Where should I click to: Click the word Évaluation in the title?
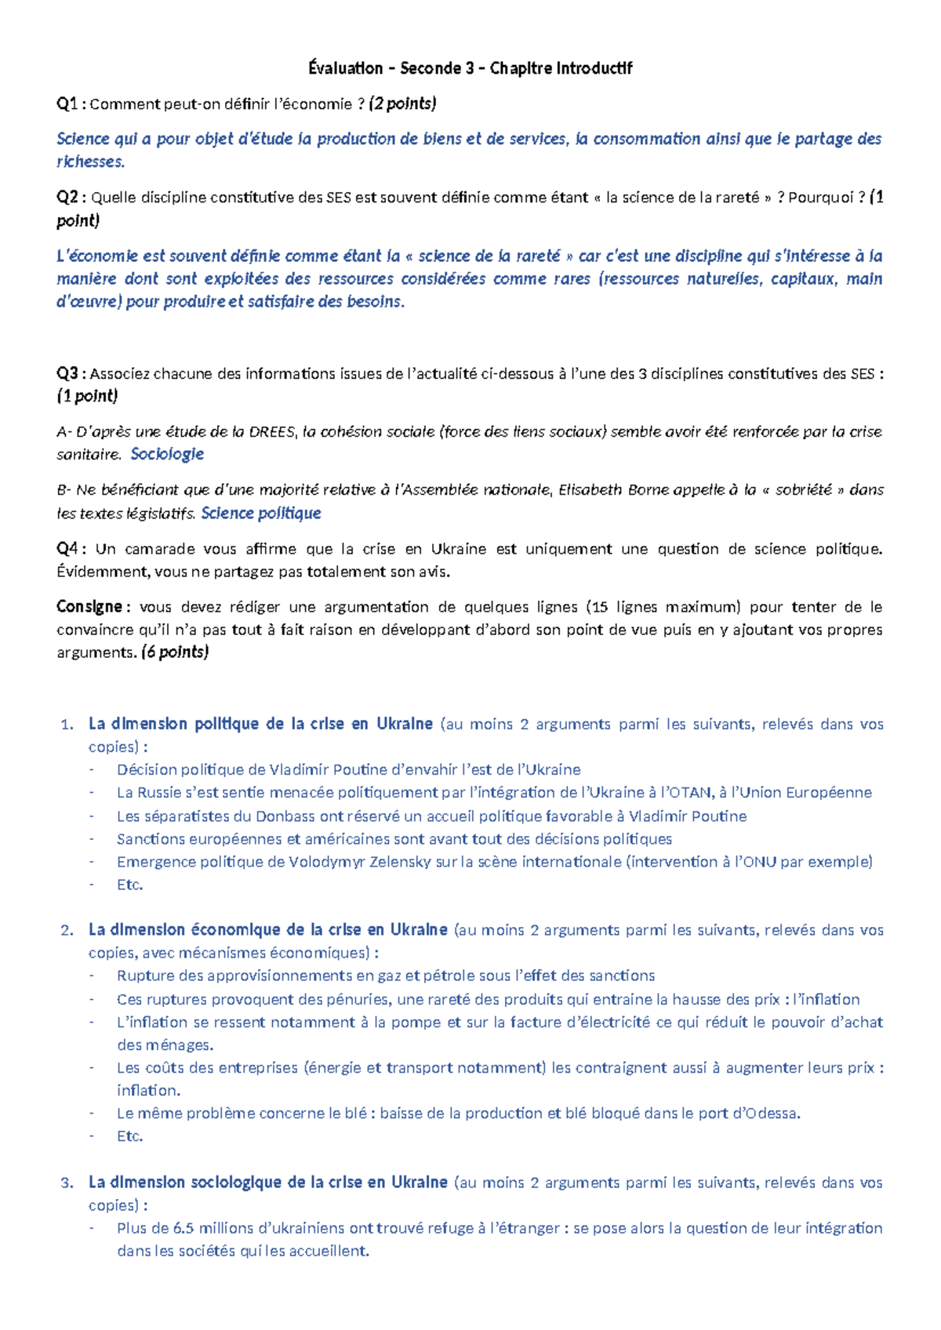345,68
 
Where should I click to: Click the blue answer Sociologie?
167,454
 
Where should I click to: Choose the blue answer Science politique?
261,514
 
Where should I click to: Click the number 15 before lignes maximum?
600,607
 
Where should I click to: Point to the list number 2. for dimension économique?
67,931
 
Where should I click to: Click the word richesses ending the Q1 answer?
89,162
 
